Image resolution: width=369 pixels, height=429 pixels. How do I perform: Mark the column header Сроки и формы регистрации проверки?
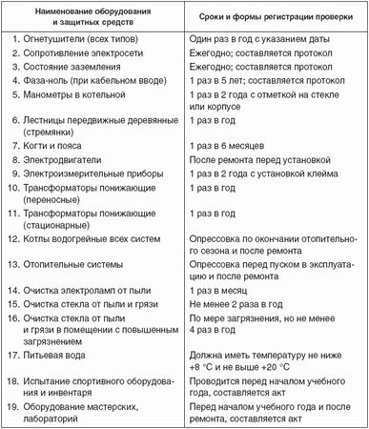[x=273, y=19]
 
